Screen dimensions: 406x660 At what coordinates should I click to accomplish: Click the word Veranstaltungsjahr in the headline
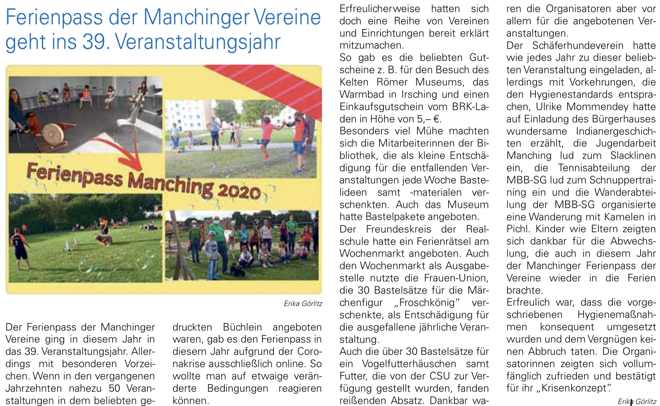[198, 42]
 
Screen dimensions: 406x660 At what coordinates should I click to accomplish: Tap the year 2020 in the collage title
[239, 191]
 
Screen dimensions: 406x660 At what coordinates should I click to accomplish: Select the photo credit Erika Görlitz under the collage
[303, 303]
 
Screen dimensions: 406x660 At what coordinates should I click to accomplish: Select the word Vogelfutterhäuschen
[409, 364]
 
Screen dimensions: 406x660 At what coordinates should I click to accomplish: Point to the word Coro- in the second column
[309, 351]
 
